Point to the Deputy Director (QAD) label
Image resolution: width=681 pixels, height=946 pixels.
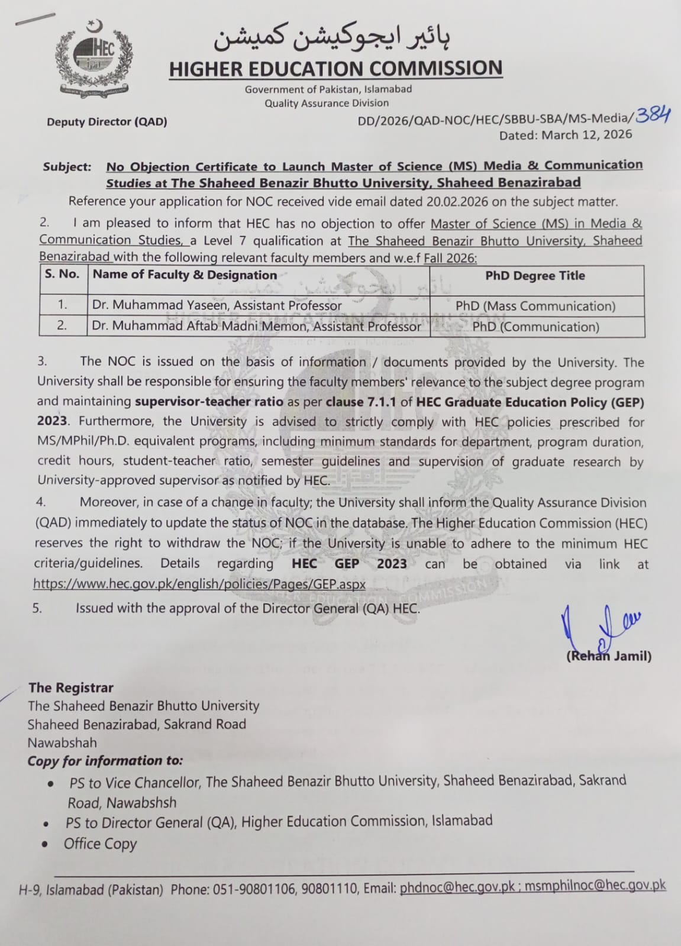pyautogui.click(x=107, y=122)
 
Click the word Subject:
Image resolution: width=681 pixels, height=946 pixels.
pyautogui.click(x=67, y=167)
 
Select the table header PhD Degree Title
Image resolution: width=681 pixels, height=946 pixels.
pyautogui.click(x=535, y=276)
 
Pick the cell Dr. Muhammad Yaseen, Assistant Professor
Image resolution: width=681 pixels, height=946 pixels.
pyautogui.click(x=217, y=306)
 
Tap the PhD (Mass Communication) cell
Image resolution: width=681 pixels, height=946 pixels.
pyautogui.click(x=535, y=306)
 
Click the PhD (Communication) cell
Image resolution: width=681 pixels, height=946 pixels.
pyautogui.click(x=535, y=327)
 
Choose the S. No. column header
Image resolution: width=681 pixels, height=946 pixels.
pyautogui.click(x=62, y=275)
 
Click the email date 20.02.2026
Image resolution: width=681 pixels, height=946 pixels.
pyautogui.click(x=457, y=202)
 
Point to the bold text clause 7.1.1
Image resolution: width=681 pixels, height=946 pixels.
pyautogui.click(x=362, y=402)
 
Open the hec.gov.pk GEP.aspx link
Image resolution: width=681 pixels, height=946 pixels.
pyautogui.click(x=199, y=584)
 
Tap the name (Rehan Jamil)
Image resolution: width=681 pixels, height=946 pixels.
pyautogui.click(x=609, y=656)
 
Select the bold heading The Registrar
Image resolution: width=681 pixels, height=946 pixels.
pyautogui.click(x=71, y=687)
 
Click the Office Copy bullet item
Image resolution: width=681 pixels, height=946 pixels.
pyautogui.click(x=100, y=844)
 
